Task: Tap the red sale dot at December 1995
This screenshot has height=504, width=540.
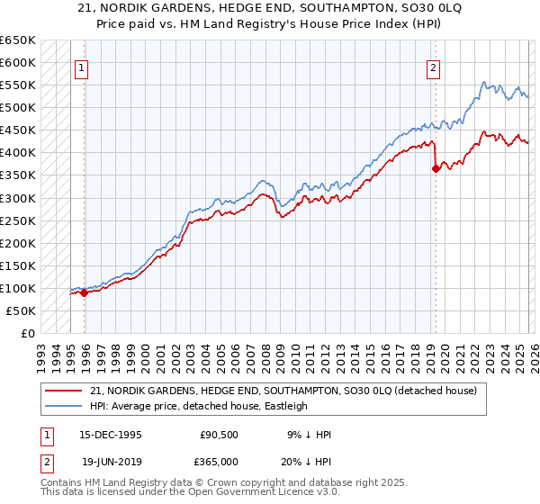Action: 85,292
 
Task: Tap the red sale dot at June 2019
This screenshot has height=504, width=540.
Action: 436,168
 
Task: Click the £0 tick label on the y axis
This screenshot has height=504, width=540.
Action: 27,333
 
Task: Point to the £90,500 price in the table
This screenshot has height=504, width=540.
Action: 219,434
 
